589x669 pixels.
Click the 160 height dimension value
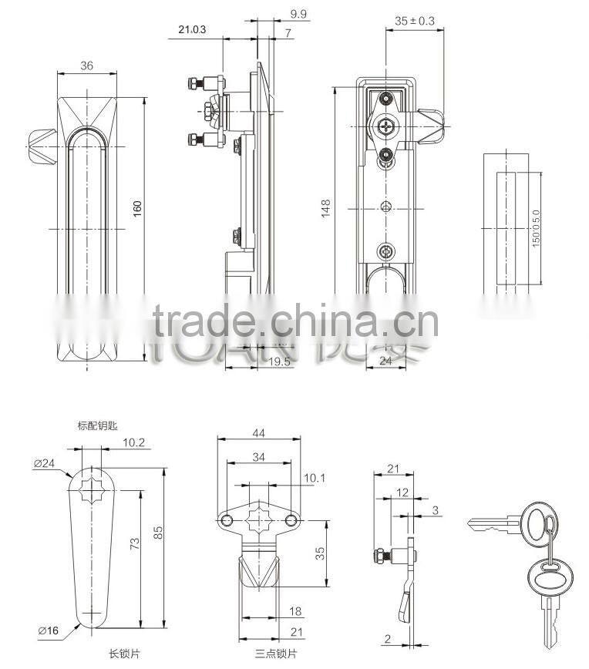coord(138,209)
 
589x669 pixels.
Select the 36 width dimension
coord(86,66)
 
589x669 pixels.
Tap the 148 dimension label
coord(327,207)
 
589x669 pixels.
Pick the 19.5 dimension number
coord(260,360)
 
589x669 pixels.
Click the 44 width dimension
coord(257,434)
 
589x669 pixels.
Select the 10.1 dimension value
coord(313,479)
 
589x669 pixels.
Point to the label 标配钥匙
coord(97,425)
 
